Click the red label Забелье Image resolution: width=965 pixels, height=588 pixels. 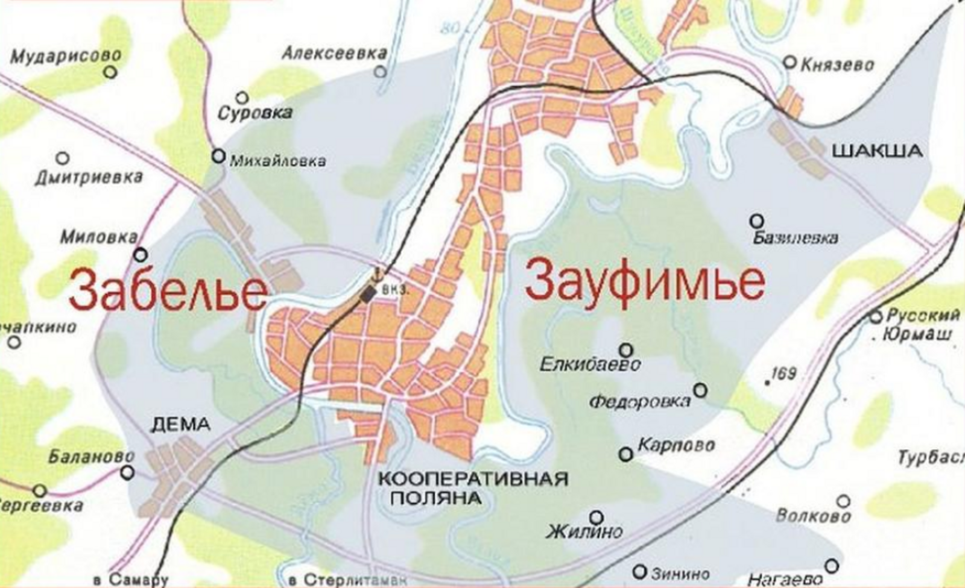168,289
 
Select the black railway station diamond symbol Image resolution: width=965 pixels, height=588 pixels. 367,294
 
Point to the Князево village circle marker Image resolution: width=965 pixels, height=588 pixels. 790,62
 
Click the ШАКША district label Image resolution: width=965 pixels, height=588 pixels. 878,151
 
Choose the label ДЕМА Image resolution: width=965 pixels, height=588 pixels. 180,425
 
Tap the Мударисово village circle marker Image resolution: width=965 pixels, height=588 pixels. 110,72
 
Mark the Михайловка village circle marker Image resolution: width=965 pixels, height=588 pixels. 218,156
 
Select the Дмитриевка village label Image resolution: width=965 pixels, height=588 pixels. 88,177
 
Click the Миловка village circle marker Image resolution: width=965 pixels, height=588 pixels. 141,255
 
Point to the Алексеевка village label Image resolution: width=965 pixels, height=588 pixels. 334,53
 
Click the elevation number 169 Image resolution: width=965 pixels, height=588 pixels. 784,374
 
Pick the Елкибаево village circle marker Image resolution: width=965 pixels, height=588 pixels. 627,349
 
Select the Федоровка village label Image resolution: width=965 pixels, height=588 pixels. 640,401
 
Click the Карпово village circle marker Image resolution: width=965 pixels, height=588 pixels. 627,454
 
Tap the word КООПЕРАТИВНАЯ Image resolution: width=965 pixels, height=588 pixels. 472,479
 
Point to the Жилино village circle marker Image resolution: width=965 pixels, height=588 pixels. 596,518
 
